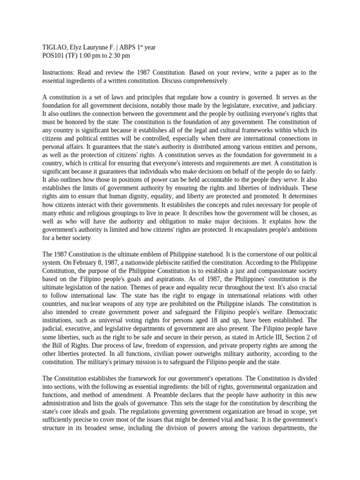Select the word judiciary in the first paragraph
coord(302,106)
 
